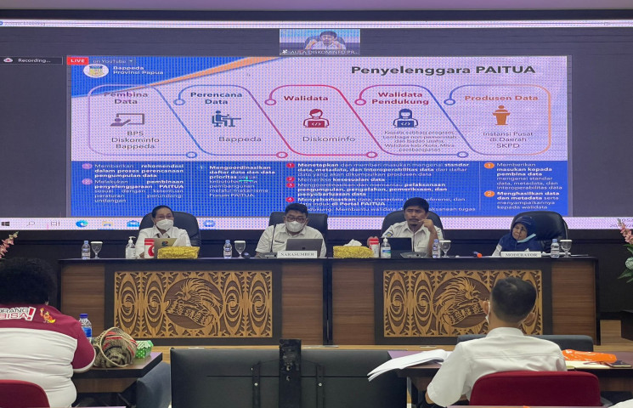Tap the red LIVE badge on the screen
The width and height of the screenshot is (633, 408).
tap(78, 61)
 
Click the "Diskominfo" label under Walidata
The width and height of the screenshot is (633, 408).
tap(316, 138)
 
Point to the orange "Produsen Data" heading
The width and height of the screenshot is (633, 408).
tap(500, 98)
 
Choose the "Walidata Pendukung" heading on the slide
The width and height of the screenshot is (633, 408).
tap(404, 99)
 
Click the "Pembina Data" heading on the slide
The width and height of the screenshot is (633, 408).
tap(127, 99)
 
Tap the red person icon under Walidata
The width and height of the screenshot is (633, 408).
tap(316, 118)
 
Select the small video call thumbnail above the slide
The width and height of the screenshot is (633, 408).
tap(319, 41)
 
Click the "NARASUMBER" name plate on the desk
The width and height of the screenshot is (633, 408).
tap(298, 254)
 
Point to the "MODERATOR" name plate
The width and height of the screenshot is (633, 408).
tap(520, 254)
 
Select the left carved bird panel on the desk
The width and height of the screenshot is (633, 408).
tap(191, 304)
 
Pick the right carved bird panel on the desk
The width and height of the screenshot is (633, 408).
tap(461, 303)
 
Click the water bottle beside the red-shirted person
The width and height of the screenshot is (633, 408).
tap(85, 326)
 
